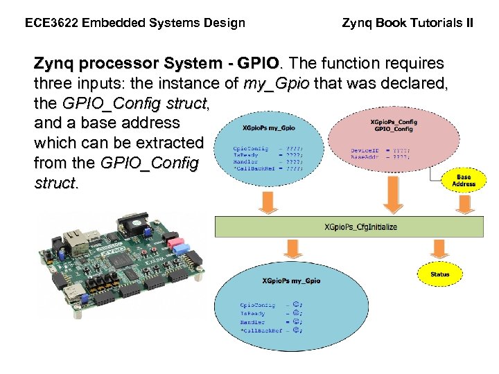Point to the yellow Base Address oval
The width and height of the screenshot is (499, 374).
pos(464,181)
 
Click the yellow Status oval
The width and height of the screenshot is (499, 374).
pos(439,274)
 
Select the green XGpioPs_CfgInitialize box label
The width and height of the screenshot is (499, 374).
pos(361,227)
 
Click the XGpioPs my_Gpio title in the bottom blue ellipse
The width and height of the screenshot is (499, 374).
pos(291,280)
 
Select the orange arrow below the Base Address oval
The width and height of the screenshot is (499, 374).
pos(463,204)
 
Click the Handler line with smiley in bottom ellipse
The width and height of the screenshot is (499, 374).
pos(271,322)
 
